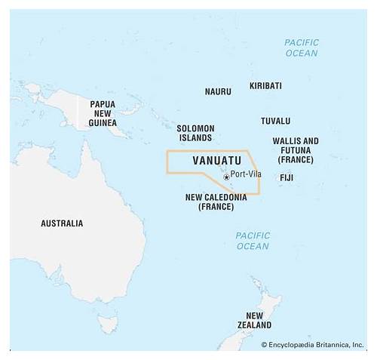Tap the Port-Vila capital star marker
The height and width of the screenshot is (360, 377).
(226, 177)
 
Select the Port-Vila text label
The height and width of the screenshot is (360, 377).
(247, 174)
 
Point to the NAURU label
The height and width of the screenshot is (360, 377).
(218, 91)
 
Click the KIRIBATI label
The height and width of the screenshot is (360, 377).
(265, 86)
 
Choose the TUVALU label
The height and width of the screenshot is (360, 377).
(275, 121)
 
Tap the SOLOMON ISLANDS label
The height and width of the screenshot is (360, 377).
(195, 134)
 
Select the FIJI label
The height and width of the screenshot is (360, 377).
(287, 177)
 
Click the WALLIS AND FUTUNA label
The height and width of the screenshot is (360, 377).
(296, 150)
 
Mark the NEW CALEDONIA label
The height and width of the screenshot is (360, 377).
(216, 202)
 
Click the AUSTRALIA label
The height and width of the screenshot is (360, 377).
(62, 223)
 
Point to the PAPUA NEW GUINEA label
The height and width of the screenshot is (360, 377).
(103, 113)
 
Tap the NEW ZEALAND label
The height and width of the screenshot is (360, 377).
(254, 320)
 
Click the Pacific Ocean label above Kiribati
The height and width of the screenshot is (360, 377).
(302, 48)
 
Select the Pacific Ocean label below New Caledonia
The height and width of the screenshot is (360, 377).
(252, 241)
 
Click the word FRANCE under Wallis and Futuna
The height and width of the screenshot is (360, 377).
(296, 160)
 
